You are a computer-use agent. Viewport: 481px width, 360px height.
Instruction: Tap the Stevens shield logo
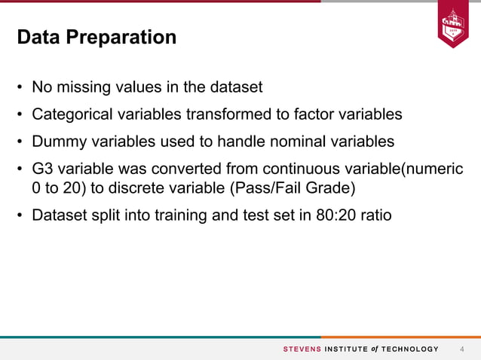pyautogui.click(x=453, y=27)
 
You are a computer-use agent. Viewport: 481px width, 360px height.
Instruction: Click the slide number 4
pyautogui.click(x=462, y=349)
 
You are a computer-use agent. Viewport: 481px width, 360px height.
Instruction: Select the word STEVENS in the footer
pyautogui.click(x=302, y=349)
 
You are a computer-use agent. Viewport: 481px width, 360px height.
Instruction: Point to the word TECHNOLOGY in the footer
pyautogui.click(x=410, y=349)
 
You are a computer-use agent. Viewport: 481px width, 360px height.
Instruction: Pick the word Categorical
pyautogui.click(x=69, y=114)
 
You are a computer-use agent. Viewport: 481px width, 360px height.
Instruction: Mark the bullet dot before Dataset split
pyautogui.click(x=21, y=216)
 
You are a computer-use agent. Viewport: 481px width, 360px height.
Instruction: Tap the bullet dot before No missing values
pyautogui.click(x=21, y=88)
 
